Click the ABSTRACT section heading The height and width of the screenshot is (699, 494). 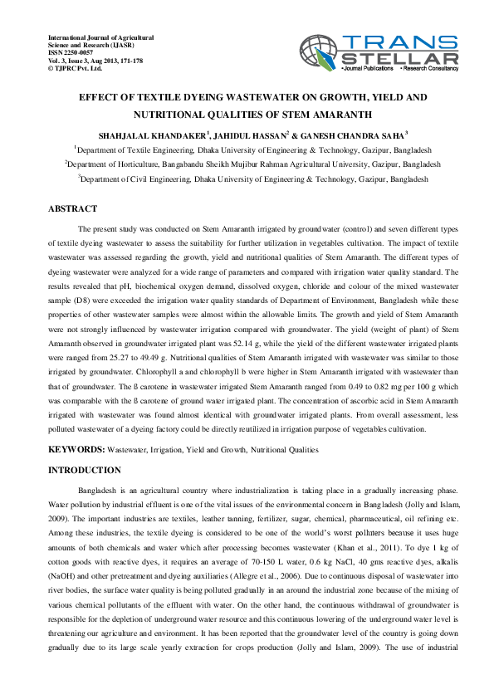coord(73,209)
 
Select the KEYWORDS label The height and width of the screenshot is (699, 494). coord(76,449)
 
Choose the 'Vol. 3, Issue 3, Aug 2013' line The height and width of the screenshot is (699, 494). coord(95,61)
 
